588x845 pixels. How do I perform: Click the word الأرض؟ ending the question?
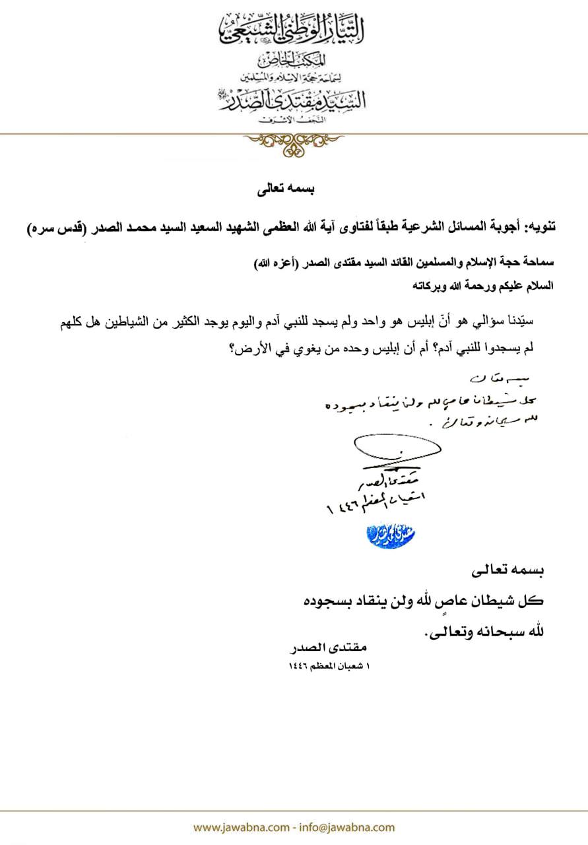pos(246,349)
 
